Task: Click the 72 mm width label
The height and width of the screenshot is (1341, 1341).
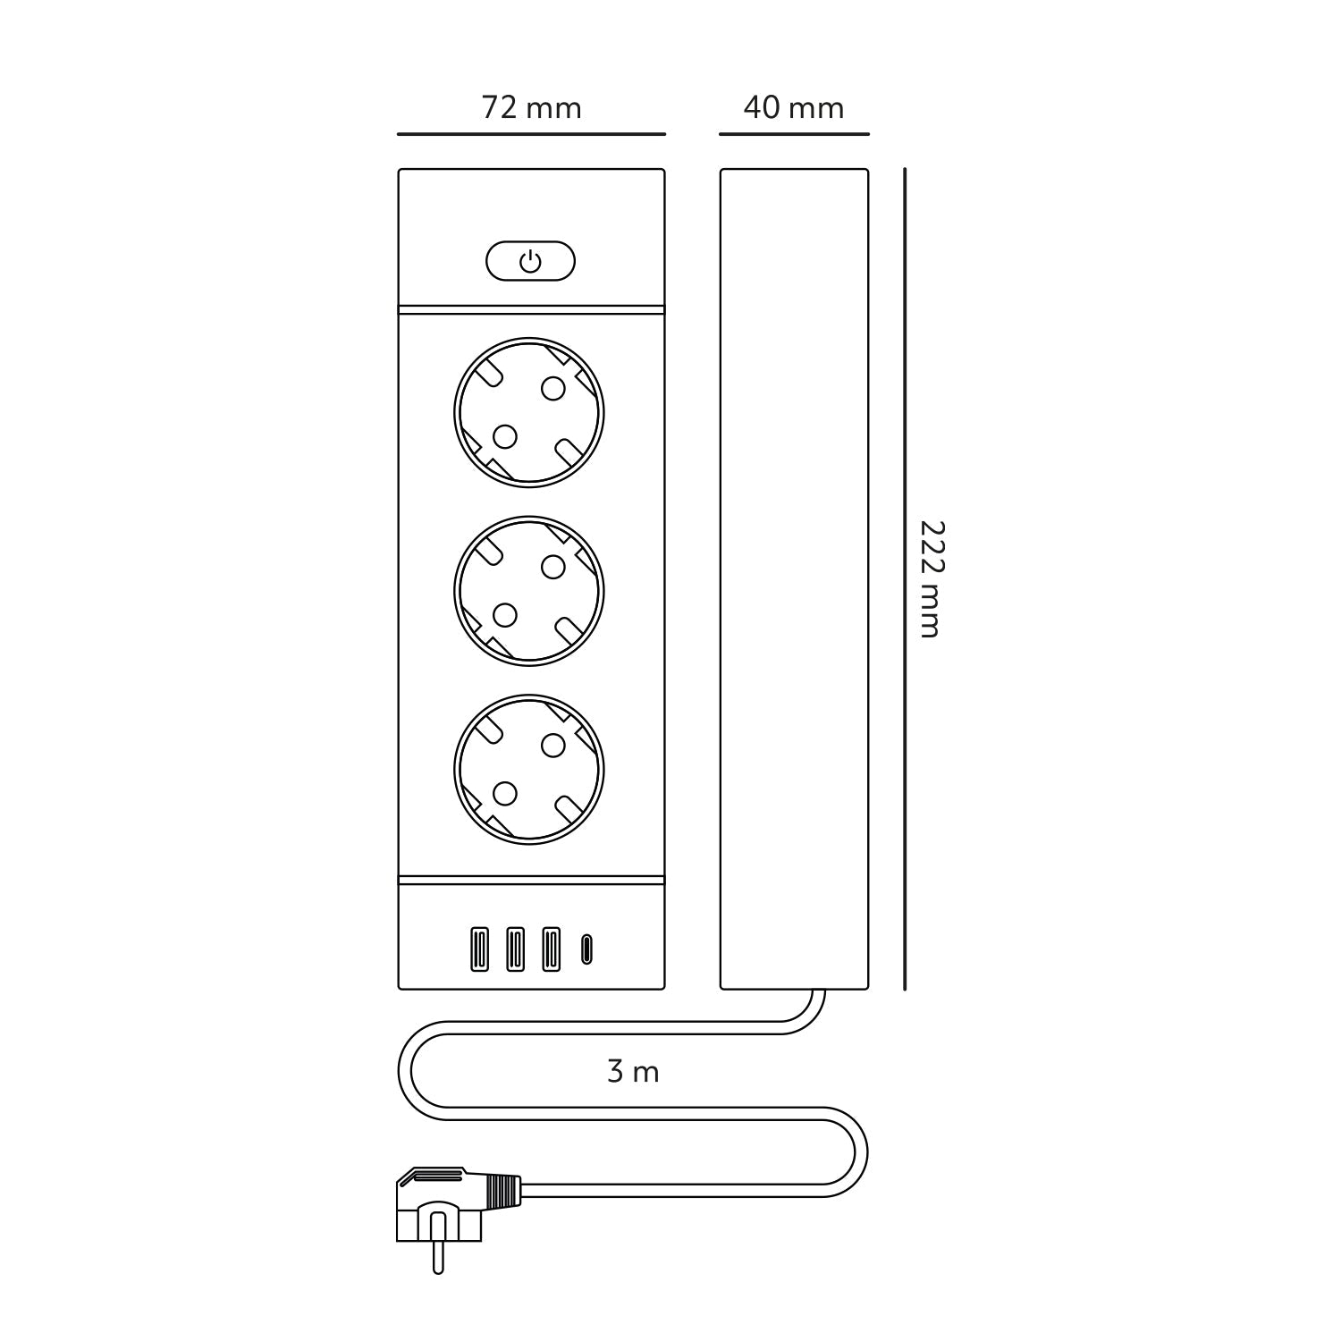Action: (531, 108)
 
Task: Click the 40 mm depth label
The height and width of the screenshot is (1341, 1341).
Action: (793, 108)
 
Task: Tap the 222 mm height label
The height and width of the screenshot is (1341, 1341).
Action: (930, 578)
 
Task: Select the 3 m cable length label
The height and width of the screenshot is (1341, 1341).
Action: (633, 1071)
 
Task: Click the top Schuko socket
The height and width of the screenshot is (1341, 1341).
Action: (529, 412)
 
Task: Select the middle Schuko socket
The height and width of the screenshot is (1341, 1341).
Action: (529, 591)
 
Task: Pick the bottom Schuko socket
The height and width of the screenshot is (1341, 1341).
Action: (529, 770)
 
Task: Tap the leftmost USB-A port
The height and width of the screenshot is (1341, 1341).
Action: (480, 949)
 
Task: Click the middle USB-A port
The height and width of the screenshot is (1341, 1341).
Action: (515, 949)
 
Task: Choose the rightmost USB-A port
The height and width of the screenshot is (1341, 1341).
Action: (551, 949)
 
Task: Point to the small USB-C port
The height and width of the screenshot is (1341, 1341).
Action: (586, 949)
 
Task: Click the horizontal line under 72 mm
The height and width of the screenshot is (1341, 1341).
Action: (531, 134)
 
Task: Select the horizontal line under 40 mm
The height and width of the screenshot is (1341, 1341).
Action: (793, 134)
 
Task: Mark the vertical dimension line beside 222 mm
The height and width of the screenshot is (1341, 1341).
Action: (905, 578)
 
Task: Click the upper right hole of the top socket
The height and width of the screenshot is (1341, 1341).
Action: (553, 388)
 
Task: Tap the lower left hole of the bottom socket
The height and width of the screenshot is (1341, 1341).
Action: (505, 794)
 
